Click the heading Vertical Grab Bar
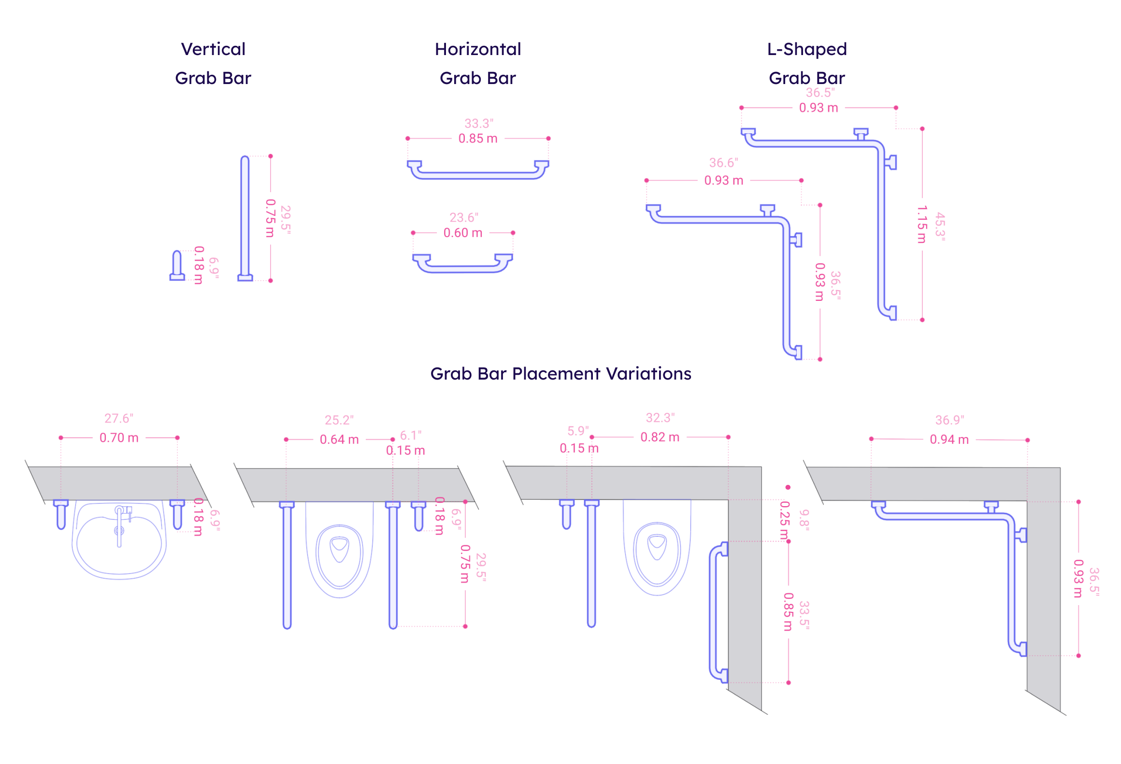tap(213, 63)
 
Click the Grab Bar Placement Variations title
tap(560, 373)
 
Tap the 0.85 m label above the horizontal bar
tap(477, 139)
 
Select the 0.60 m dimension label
tap(462, 233)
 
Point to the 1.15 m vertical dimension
tap(922, 225)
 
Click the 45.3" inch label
tap(940, 226)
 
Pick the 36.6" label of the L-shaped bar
tap(723, 163)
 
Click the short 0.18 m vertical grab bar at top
tap(177, 266)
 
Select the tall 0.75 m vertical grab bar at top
tap(245, 217)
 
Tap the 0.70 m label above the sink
tap(119, 438)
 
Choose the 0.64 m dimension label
tap(339, 440)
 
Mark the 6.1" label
tap(411, 435)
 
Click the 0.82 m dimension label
tap(660, 438)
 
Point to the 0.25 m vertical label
tap(784, 520)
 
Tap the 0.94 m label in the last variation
tap(949, 440)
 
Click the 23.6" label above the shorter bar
tap(464, 217)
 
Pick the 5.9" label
tap(578, 431)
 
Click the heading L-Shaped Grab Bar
tap(807, 63)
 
